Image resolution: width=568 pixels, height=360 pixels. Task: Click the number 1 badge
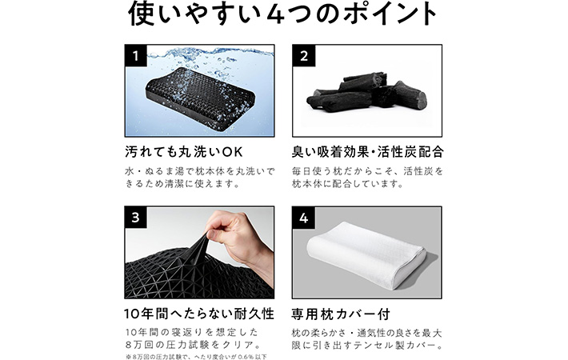pyautogui.click(x=137, y=57)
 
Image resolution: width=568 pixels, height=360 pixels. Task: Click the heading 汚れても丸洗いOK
pyautogui.click(x=182, y=150)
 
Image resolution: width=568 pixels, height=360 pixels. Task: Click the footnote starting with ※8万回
pyautogui.click(x=196, y=355)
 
